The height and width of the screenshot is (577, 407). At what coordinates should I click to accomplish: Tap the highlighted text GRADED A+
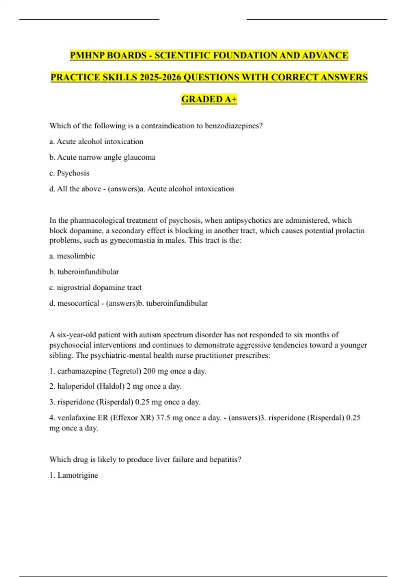[x=209, y=99]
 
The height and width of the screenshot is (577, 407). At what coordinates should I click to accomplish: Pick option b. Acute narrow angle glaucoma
[x=102, y=157]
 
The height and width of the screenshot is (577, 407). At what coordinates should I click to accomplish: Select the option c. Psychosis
[x=69, y=173]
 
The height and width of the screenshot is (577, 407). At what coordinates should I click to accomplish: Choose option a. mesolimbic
[x=72, y=256]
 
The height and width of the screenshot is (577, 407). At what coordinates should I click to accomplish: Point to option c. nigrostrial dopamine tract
[x=95, y=287]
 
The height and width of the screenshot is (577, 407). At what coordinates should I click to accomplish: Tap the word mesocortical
[x=78, y=303]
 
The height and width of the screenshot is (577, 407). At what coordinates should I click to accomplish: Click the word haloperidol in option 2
[x=76, y=386]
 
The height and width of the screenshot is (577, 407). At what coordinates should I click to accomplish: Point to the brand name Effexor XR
[x=133, y=418]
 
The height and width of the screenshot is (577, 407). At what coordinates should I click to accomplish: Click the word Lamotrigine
[x=78, y=475]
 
